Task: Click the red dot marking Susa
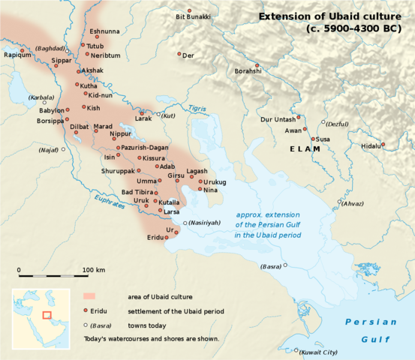[313, 139]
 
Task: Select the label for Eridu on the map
[155, 238]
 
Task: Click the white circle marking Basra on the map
[285, 266]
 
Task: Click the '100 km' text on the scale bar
[94, 269]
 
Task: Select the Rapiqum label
[17, 55]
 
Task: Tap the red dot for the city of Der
[179, 54]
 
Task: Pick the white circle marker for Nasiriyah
[185, 222]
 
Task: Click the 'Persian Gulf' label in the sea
[370, 329]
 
